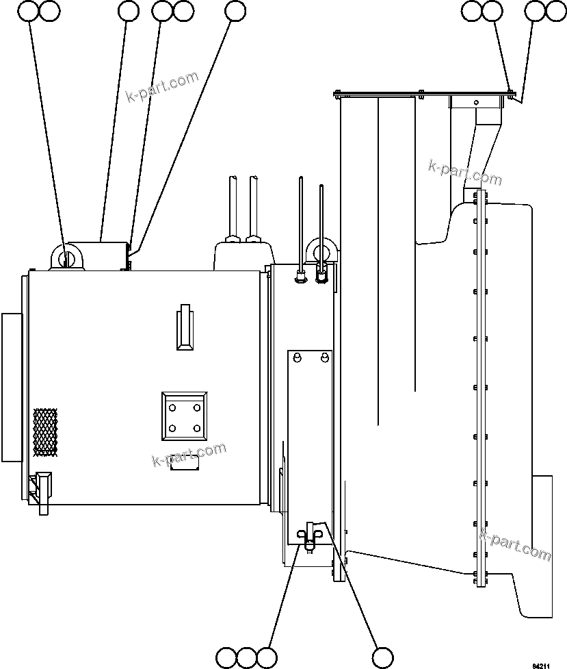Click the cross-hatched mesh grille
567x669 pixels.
(x=45, y=433)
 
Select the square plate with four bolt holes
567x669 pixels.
(x=185, y=416)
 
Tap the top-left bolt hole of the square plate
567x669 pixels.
(x=172, y=407)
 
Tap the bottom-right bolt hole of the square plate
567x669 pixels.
(x=197, y=429)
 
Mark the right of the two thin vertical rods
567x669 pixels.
(x=321, y=226)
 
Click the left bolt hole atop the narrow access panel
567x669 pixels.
(x=298, y=357)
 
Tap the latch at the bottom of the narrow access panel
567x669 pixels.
(x=310, y=534)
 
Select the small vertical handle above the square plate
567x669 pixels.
(x=185, y=327)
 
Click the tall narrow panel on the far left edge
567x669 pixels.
(x=12, y=387)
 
